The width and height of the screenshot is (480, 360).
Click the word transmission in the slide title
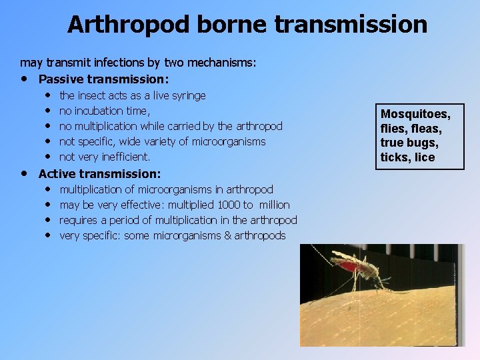coord(351,25)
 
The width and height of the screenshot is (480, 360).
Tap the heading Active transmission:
coord(100,174)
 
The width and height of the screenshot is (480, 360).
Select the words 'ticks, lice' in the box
coord(407,157)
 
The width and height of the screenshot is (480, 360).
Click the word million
coord(274,205)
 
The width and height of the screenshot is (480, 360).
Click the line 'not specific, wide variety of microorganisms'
coord(162,141)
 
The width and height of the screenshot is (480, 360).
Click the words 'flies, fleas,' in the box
coord(411,128)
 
